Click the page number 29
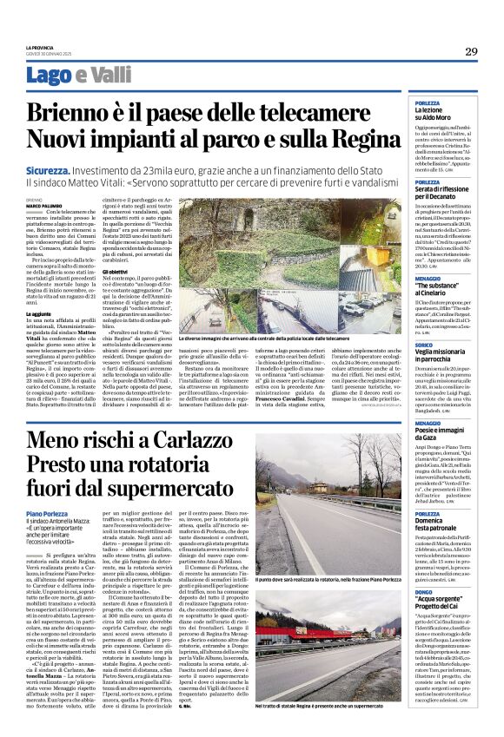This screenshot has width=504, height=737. click(x=472, y=51)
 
